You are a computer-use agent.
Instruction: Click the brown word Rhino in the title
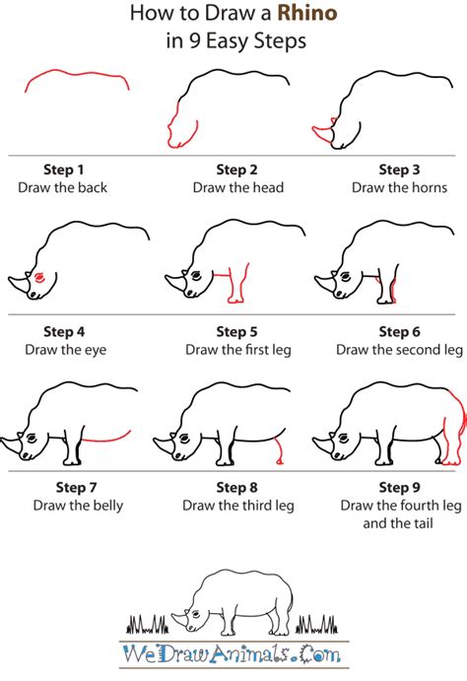click(307, 13)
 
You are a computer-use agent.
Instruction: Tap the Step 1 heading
click(63, 170)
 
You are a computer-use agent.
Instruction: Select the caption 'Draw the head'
click(238, 187)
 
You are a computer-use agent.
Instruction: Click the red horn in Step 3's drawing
click(322, 132)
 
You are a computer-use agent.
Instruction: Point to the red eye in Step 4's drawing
click(39, 277)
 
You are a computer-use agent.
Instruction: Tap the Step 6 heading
click(399, 332)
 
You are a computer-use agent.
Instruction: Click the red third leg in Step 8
click(279, 451)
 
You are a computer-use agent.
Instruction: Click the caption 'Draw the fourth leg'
click(401, 506)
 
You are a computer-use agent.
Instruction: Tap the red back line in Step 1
click(77, 74)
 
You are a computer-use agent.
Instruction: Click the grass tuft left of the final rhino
click(147, 624)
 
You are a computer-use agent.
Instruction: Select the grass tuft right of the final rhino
click(316, 624)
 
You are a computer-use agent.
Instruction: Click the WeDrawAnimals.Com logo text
click(232, 653)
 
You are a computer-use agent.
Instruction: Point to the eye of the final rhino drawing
click(197, 614)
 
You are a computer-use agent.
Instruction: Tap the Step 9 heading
click(399, 487)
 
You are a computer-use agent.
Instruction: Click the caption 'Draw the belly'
click(78, 506)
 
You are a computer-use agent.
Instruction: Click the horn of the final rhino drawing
click(178, 619)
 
